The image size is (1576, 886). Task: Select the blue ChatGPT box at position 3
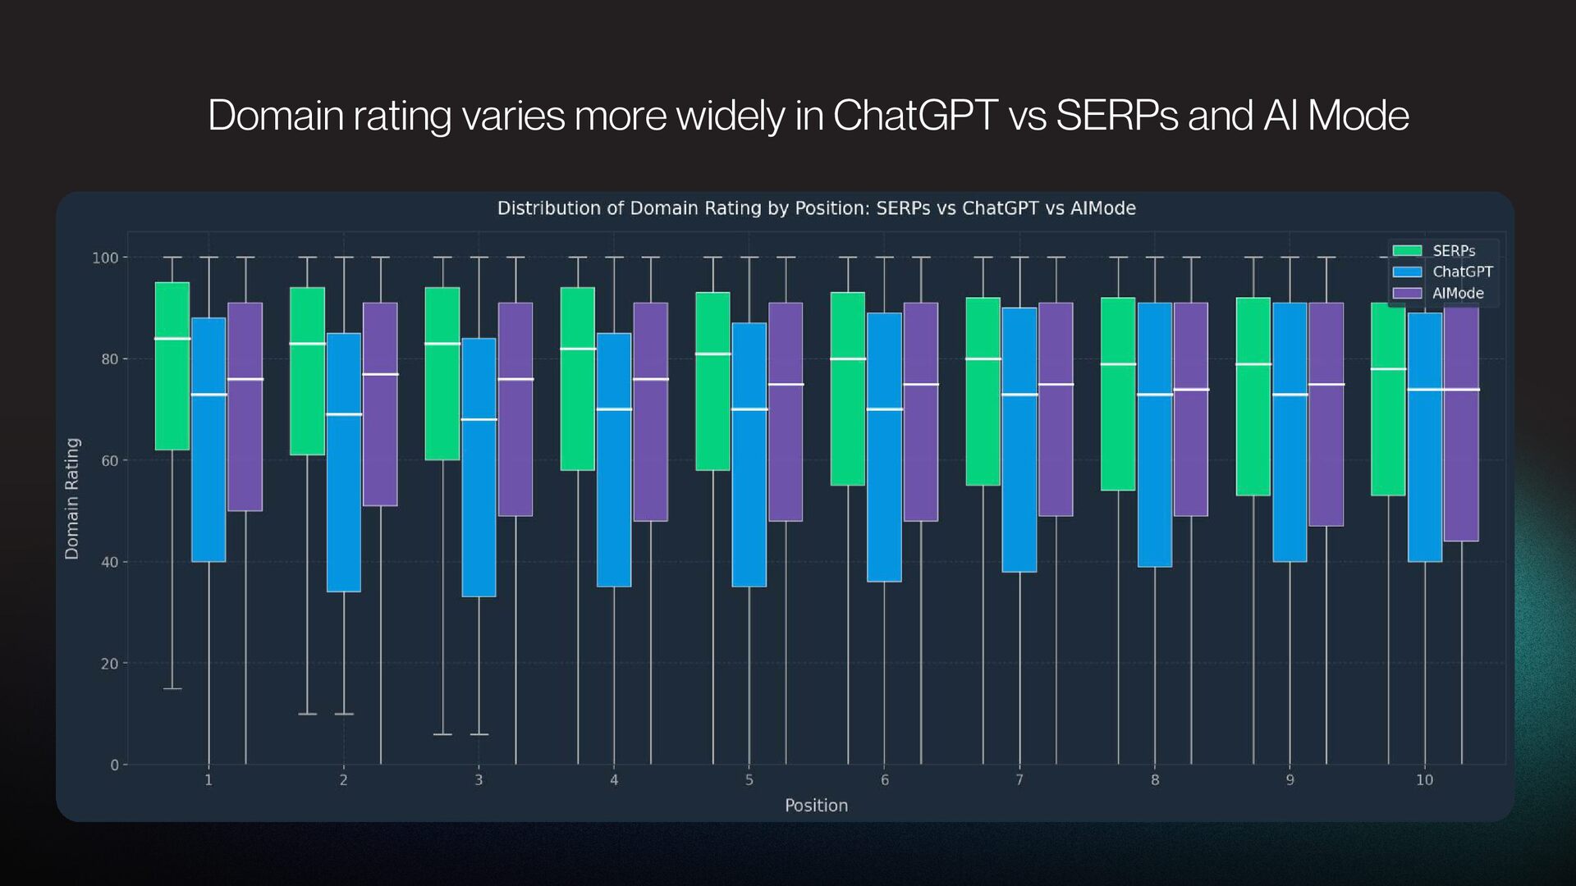pyautogui.click(x=479, y=467)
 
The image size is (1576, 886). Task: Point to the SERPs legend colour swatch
pyautogui.click(x=1407, y=251)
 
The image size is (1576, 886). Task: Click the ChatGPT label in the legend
pyautogui.click(x=1462, y=272)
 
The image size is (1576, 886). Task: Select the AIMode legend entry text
pyautogui.click(x=1458, y=293)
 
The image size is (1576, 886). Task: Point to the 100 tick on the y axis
pyautogui.click(x=105, y=258)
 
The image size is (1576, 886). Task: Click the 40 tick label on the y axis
pyautogui.click(x=110, y=562)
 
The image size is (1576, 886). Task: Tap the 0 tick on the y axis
pyautogui.click(x=115, y=765)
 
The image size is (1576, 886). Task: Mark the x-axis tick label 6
pyautogui.click(x=884, y=780)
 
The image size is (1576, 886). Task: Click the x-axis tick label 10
pyautogui.click(x=1424, y=780)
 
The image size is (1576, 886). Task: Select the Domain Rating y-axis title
pyautogui.click(x=72, y=499)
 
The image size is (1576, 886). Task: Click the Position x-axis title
pyautogui.click(x=816, y=806)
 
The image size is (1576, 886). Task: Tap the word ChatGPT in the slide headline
pyautogui.click(x=915, y=115)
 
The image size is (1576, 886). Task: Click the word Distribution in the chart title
pyautogui.click(x=548, y=208)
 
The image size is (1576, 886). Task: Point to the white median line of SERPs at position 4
pyautogui.click(x=578, y=349)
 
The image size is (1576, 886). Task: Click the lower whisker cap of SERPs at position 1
pyautogui.click(x=172, y=688)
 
